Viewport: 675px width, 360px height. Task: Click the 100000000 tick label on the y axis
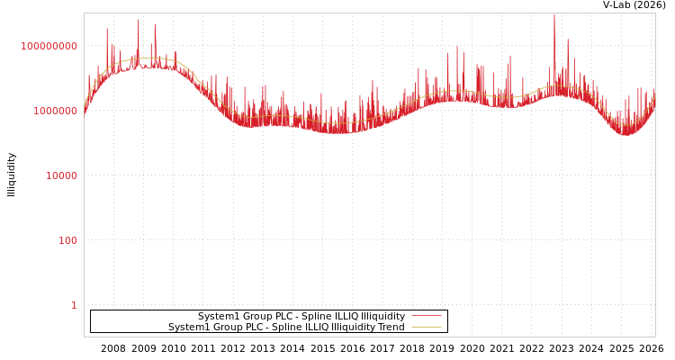(49, 46)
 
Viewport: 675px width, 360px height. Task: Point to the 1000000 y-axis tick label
(55, 111)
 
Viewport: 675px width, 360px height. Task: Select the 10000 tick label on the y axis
(61, 175)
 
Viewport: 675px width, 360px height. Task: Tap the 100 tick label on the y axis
(67, 240)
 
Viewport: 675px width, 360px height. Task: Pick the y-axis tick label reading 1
(74, 305)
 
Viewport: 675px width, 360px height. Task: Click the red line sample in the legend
(426, 317)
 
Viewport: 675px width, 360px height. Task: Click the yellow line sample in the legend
(426, 328)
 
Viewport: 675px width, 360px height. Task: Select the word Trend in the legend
(389, 328)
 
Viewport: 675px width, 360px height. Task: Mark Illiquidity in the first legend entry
(382, 317)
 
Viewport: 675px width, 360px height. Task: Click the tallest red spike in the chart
(554, 15)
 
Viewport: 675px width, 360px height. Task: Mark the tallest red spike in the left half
(139, 21)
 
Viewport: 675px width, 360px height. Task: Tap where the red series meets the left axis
(85, 111)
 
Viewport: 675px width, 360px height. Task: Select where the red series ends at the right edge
(654, 95)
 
